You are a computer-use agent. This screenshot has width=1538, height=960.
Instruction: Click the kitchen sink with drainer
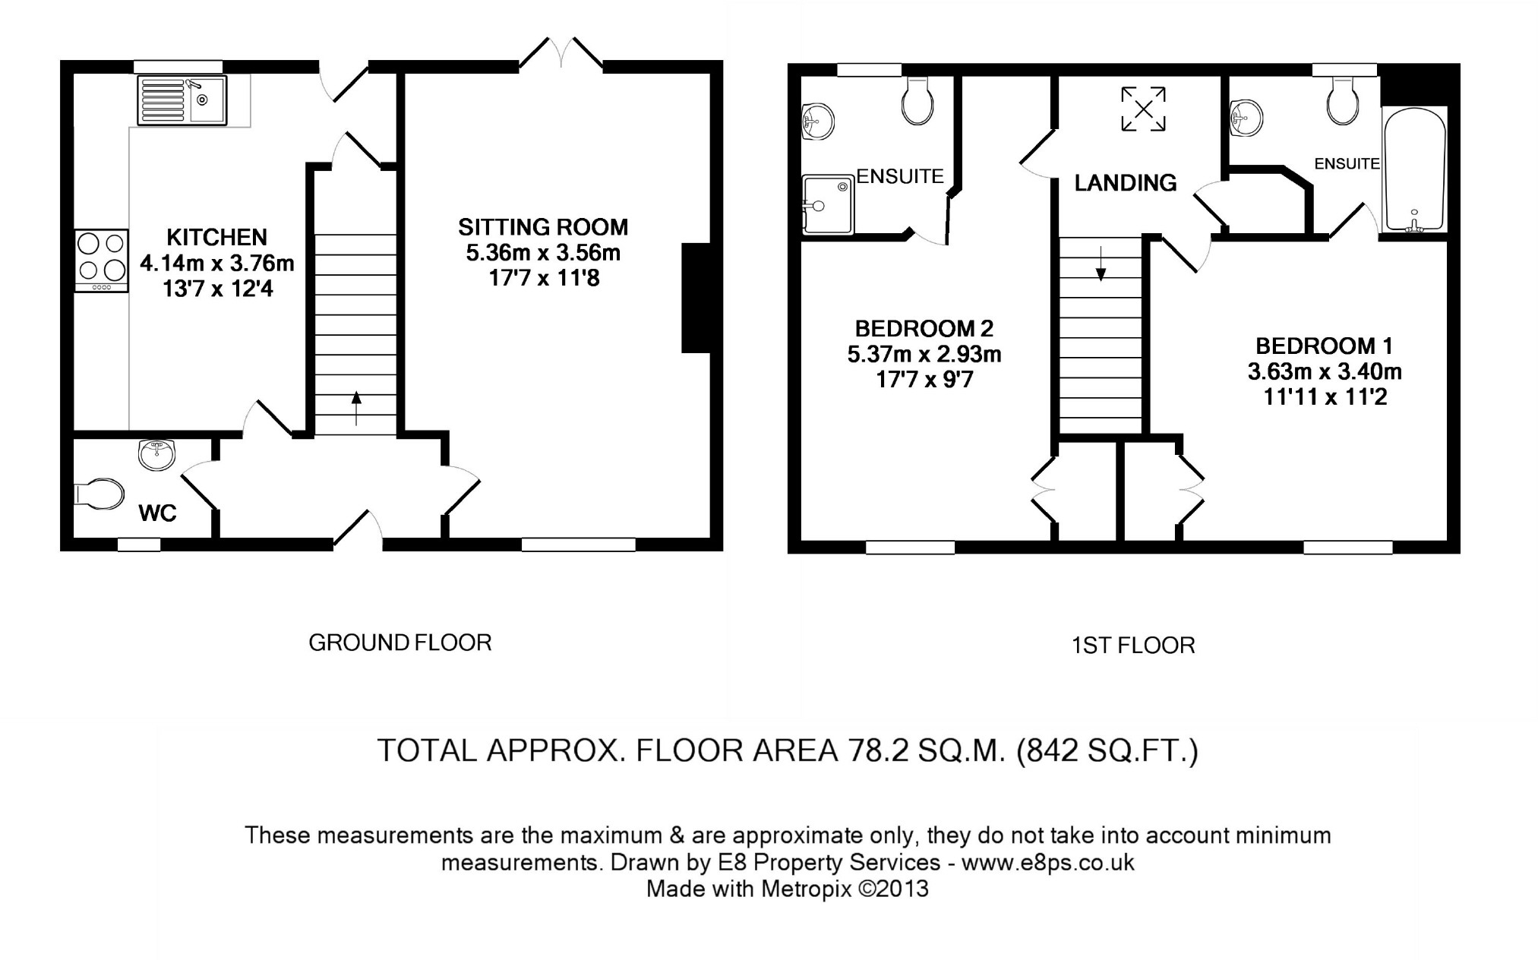[x=182, y=100]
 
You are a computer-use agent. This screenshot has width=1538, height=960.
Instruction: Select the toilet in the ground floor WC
[x=99, y=494]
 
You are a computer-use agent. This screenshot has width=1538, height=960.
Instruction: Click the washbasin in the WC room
[x=157, y=455]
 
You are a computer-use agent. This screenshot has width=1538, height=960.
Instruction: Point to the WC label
[x=158, y=513]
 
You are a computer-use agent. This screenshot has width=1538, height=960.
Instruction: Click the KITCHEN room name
[x=217, y=238]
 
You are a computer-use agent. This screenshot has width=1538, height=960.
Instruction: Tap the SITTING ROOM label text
[x=543, y=227]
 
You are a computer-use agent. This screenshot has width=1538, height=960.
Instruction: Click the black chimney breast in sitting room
[x=696, y=298]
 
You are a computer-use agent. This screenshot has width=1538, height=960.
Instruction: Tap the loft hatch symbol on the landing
[x=1144, y=109]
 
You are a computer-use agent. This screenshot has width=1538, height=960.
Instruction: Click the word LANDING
[x=1126, y=182]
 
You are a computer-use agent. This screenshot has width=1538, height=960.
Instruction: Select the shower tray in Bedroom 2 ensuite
[x=828, y=204]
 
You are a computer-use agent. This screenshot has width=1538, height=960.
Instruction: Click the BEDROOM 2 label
[x=924, y=329]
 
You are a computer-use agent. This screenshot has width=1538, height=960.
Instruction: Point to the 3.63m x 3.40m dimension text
[x=1325, y=372]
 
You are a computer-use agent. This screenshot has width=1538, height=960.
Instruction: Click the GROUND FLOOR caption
[x=400, y=643]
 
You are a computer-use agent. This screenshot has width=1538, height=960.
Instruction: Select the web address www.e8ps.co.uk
[x=1048, y=863]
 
